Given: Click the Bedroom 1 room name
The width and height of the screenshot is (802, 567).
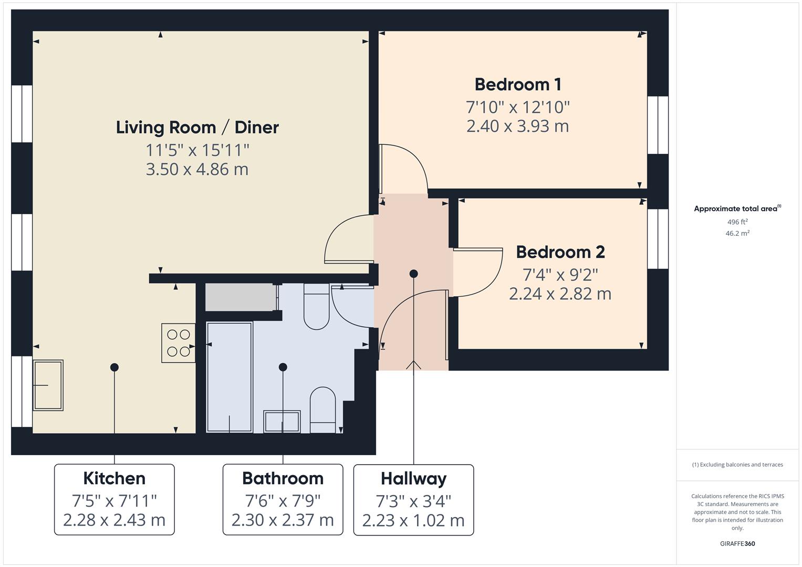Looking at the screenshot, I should coord(517,85).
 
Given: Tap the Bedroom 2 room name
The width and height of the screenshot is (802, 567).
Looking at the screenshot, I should coord(560,252).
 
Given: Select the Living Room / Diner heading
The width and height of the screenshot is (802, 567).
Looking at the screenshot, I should coord(197,127).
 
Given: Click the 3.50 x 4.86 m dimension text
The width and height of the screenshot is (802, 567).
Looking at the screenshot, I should coord(197,169).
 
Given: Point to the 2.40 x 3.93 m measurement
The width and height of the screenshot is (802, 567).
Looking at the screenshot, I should coord(517,126).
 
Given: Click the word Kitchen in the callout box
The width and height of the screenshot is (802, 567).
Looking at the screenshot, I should coord(114,478).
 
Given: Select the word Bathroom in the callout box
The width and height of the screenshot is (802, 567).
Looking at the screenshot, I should coord(283,478).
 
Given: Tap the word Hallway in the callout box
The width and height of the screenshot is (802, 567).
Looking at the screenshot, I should coord(413,478).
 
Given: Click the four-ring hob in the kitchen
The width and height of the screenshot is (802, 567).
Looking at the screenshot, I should coord(178,343).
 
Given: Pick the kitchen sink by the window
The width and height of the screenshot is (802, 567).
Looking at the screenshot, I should coord(48,385).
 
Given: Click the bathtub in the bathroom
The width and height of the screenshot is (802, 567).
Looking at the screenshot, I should coord(230,377).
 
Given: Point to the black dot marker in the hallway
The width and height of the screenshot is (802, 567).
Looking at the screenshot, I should coord(413,274).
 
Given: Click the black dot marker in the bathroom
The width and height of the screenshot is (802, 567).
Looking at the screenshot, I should coord(283,367).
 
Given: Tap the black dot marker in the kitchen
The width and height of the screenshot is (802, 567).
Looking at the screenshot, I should coord(114,367).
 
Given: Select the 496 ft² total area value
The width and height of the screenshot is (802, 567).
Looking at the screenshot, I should coord(737,222).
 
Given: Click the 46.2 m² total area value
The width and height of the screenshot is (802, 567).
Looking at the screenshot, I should coord(737,234).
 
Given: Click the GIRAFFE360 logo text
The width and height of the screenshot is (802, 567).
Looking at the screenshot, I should coord(737,543).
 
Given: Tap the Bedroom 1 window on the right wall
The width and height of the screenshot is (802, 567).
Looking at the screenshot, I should coord(658,125).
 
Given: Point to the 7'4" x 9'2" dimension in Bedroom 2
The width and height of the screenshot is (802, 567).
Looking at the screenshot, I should coord(560,274).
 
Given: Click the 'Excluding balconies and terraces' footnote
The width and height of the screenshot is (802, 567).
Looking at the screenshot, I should coord(737,465).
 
